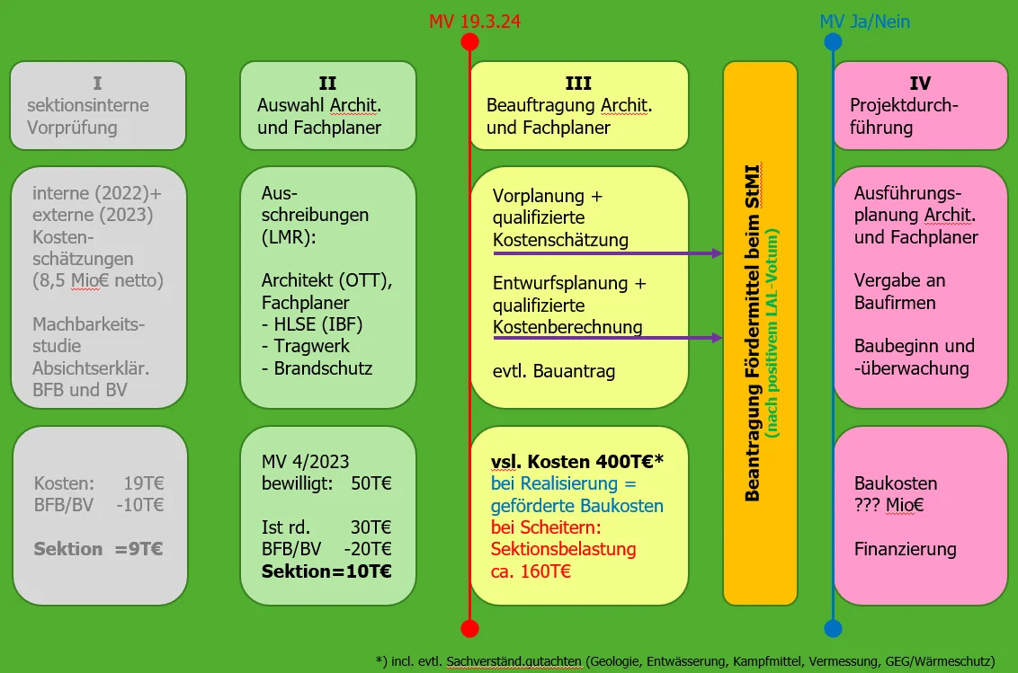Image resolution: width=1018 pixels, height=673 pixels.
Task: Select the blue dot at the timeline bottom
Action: (x=833, y=628)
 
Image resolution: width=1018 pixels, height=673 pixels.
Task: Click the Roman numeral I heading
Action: (x=97, y=84)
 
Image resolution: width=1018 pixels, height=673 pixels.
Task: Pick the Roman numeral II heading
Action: (x=327, y=84)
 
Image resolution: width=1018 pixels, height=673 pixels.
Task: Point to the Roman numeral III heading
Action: (x=578, y=84)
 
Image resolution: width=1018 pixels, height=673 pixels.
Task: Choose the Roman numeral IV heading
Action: (x=920, y=84)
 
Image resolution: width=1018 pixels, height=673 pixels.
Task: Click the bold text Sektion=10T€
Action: (x=326, y=571)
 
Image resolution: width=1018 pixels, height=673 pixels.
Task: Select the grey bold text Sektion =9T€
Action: (x=98, y=549)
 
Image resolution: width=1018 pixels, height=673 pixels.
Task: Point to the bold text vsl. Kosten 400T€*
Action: (x=576, y=462)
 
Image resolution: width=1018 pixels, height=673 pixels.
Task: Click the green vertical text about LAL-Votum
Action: (x=772, y=332)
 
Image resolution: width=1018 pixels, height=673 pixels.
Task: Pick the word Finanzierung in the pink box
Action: (x=905, y=549)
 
